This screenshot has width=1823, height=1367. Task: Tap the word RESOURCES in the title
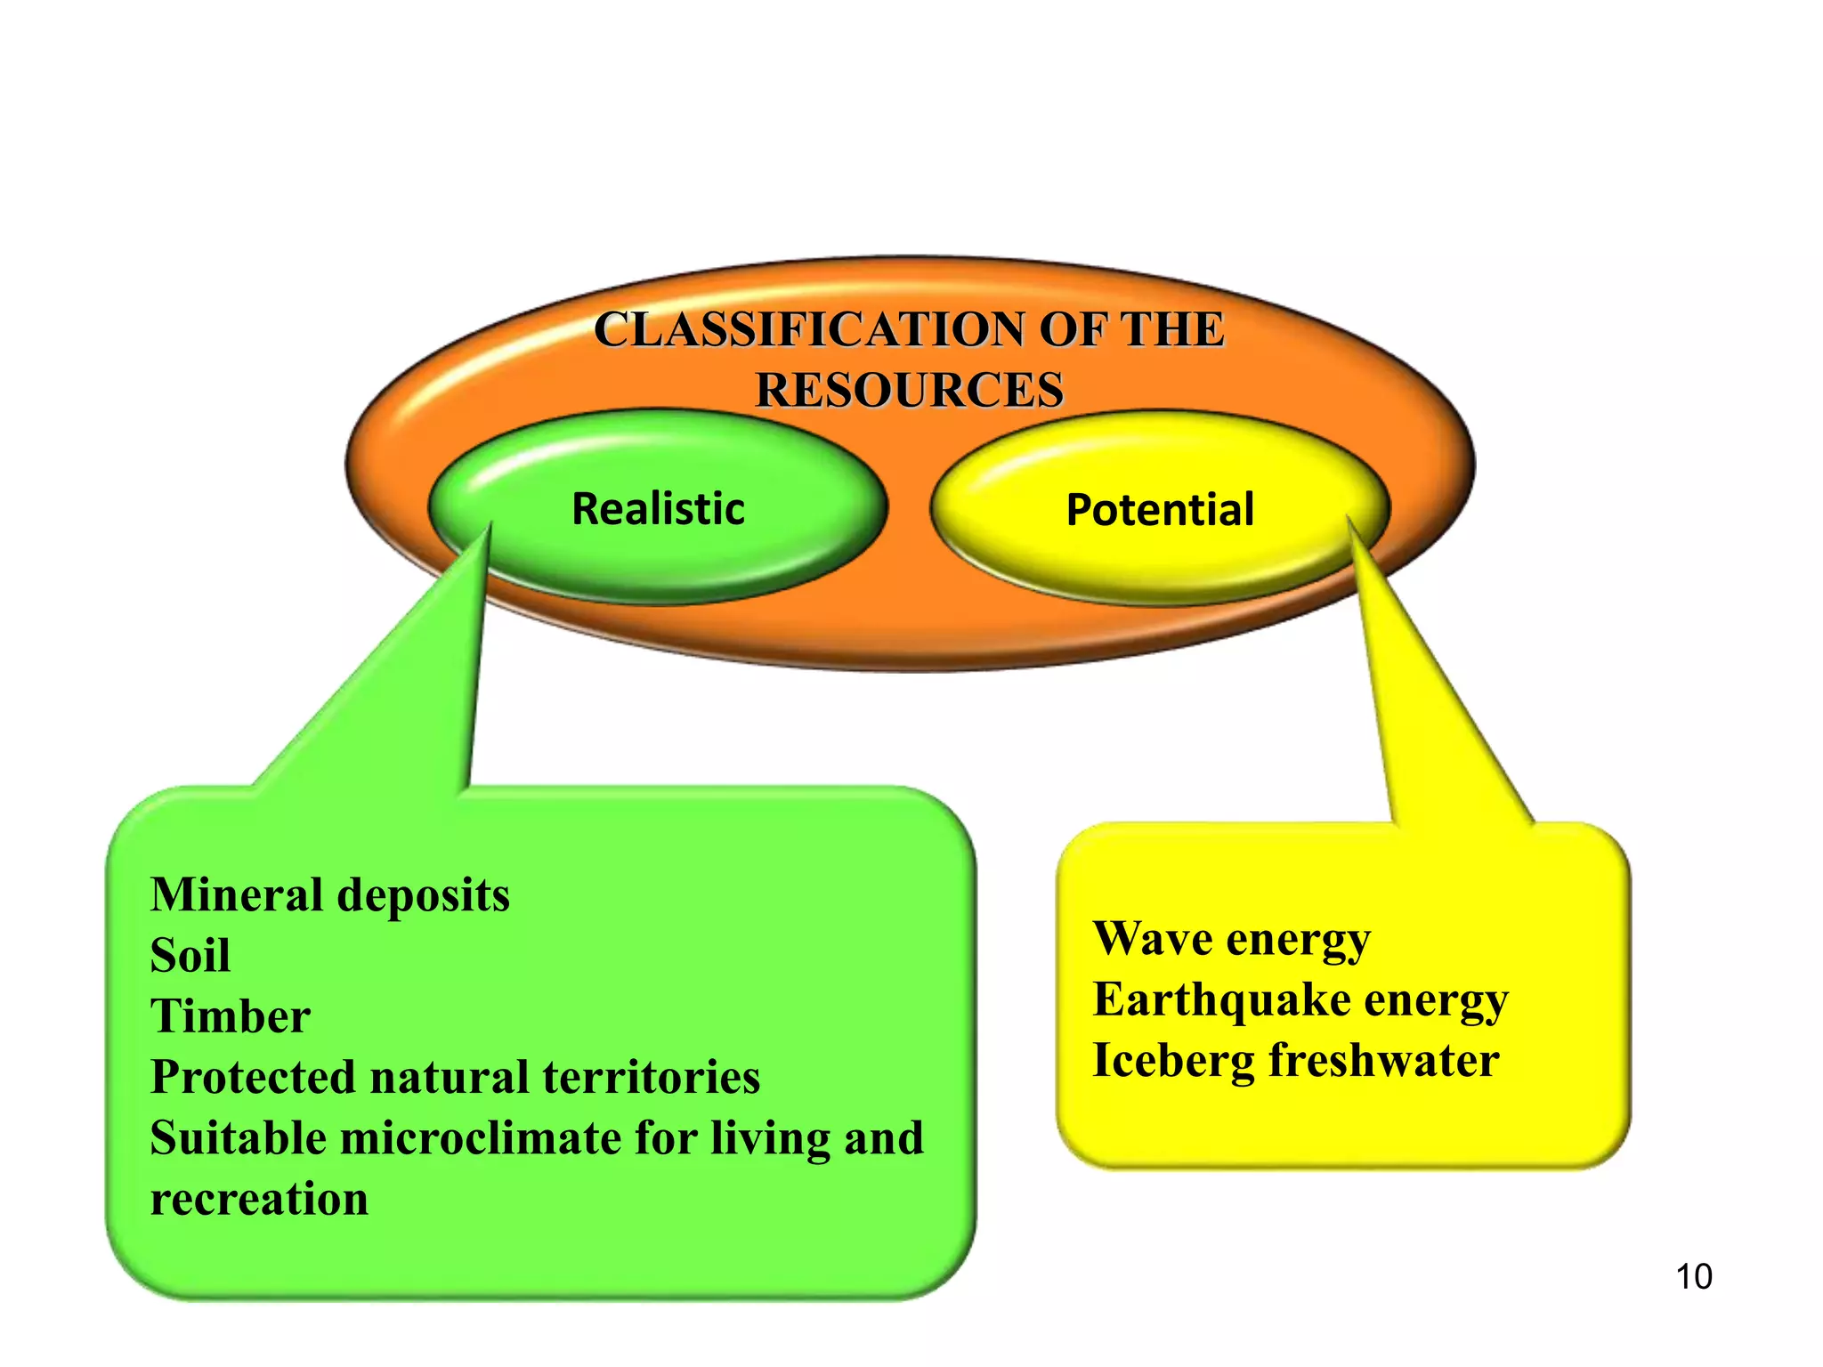[x=910, y=390]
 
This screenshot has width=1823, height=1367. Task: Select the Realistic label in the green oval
[x=658, y=509]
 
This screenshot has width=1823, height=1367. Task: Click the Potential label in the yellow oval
[x=1160, y=510]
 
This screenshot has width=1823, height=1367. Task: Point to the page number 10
[x=1693, y=1276]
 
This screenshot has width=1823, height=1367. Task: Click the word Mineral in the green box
[x=237, y=894]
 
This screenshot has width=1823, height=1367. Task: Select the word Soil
[x=190, y=956]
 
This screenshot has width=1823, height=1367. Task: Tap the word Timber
[x=231, y=1016]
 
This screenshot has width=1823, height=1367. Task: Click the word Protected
[x=253, y=1077]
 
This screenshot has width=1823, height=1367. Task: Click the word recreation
[x=259, y=1199]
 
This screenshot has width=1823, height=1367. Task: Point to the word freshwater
[x=1384, y=1061]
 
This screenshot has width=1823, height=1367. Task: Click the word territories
[x=651, y=1077]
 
